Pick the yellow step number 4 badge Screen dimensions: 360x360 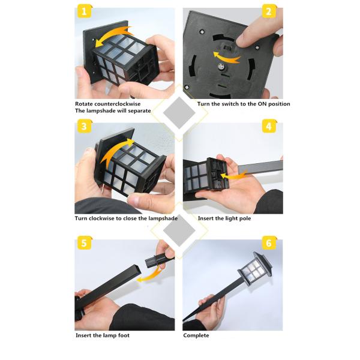(x=269, y=127)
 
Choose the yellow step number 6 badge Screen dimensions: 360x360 (x=269, y=243)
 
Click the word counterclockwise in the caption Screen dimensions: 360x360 (x=124, y=104)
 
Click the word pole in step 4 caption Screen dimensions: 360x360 (x=243, y=218)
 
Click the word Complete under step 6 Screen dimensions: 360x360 (x=196, y=335)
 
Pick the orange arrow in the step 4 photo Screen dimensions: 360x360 (x=232, y=176)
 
